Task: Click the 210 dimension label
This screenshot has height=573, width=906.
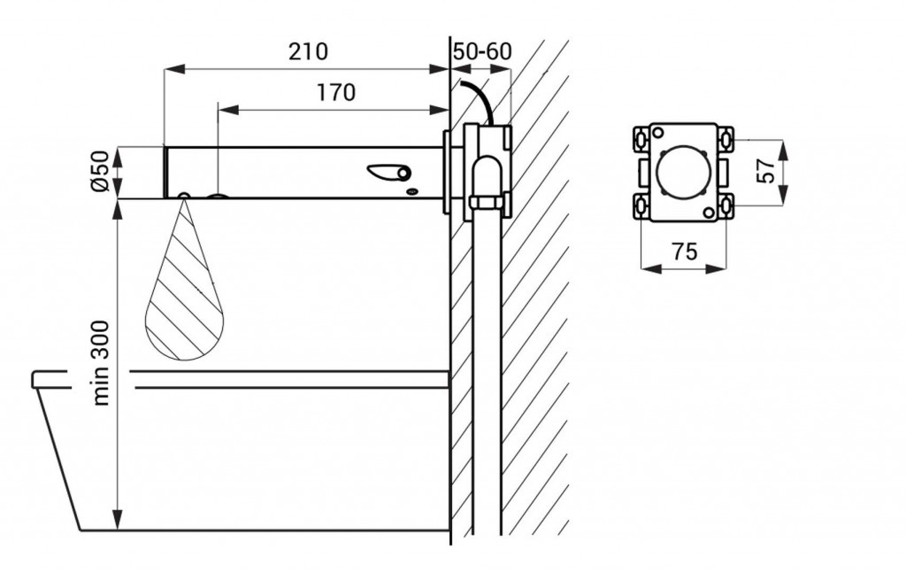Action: point(307,51)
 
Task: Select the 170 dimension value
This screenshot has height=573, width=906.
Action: point(334,92)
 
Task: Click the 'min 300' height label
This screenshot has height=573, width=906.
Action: point(103,362)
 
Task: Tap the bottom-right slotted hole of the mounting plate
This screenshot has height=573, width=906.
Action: point(725,205)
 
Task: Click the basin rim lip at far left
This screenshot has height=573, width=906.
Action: point(40,380)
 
